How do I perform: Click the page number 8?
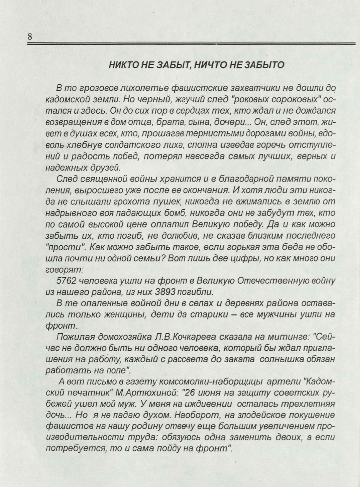[x=29, y=37]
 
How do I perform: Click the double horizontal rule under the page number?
[x=191, y=44]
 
